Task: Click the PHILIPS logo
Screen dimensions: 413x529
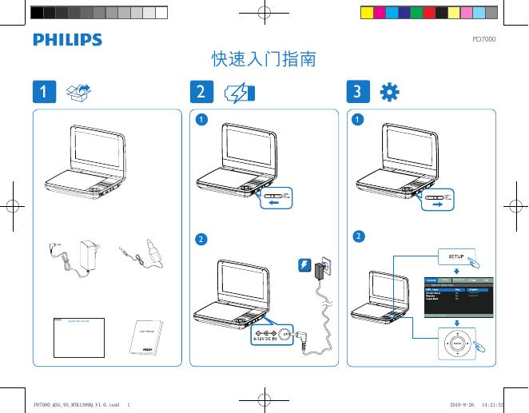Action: point(67,40)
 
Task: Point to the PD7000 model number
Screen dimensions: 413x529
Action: point(484,38)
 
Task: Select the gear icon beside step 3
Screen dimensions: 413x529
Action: point(391,92)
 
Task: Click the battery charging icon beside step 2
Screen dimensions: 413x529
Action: point(239,93)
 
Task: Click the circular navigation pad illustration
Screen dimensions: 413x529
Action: point(456,341)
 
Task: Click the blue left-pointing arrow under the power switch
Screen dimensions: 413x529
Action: point(274,204)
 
